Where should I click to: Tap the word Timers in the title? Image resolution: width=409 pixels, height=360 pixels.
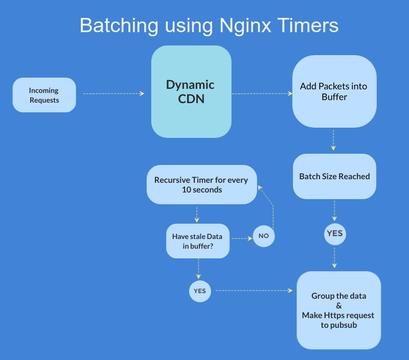308,26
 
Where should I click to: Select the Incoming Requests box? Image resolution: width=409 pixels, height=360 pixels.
44,95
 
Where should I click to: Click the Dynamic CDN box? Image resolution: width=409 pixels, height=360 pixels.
191,91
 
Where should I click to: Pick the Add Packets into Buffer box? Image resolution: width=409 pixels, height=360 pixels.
334,91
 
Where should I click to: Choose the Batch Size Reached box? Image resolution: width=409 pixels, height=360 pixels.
334,176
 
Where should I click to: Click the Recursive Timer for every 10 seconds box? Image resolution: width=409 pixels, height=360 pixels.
201,184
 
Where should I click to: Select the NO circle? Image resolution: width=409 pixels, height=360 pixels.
264,236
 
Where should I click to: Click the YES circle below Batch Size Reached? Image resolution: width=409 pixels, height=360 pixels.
334,233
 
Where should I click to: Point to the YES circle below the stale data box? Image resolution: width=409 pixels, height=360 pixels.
200,291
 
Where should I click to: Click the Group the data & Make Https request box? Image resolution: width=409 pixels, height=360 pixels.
338,310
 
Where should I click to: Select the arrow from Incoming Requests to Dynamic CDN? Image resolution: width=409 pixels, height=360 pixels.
113,93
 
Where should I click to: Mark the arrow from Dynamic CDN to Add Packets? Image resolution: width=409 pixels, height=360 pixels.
261,93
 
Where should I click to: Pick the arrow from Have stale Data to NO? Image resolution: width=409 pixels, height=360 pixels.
241,238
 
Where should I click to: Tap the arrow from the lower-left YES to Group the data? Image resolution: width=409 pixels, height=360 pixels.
254,291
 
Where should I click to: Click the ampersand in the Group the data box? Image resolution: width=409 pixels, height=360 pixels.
338,305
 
